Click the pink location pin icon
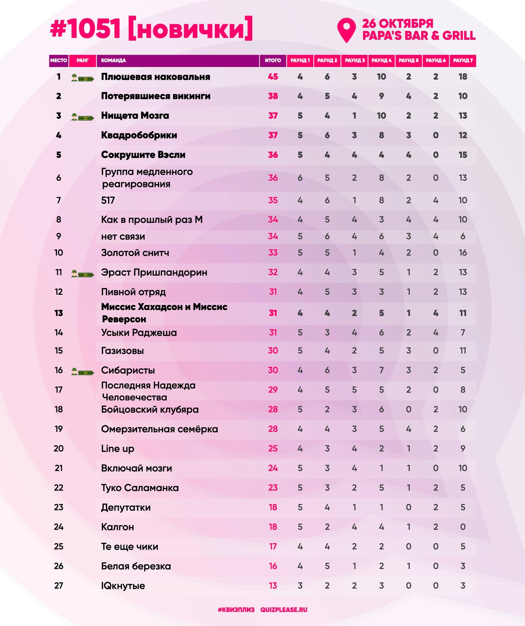point(346,29)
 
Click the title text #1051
point(85,29)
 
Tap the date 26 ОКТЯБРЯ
point(397,23)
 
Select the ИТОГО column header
point(273,60)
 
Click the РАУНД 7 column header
point(463,60)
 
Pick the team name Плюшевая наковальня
point(155,77)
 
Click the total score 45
point(273,77)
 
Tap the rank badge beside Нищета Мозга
point(82,117)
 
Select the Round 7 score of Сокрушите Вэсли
point(463,155)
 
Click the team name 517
point(108,200)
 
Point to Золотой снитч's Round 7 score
point(463,253)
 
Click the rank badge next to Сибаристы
point(82,371)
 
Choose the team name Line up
point(118,449)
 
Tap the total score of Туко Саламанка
point(273,488)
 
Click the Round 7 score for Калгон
point(463,527)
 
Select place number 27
point(59,586)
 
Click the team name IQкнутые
point(123,586)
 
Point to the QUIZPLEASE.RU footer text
point(284,610)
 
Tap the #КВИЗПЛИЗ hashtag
point(236,610)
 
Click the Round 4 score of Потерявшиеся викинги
point(381,96)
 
